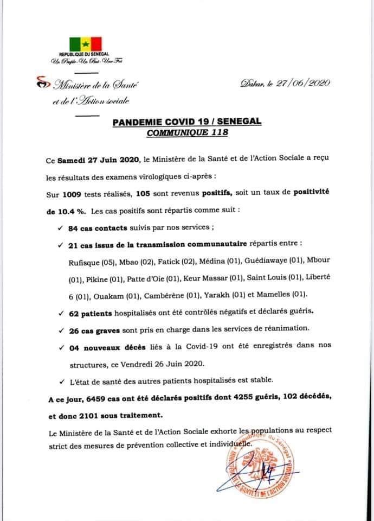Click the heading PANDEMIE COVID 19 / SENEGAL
pos(187,123)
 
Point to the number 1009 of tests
pos(75,194)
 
